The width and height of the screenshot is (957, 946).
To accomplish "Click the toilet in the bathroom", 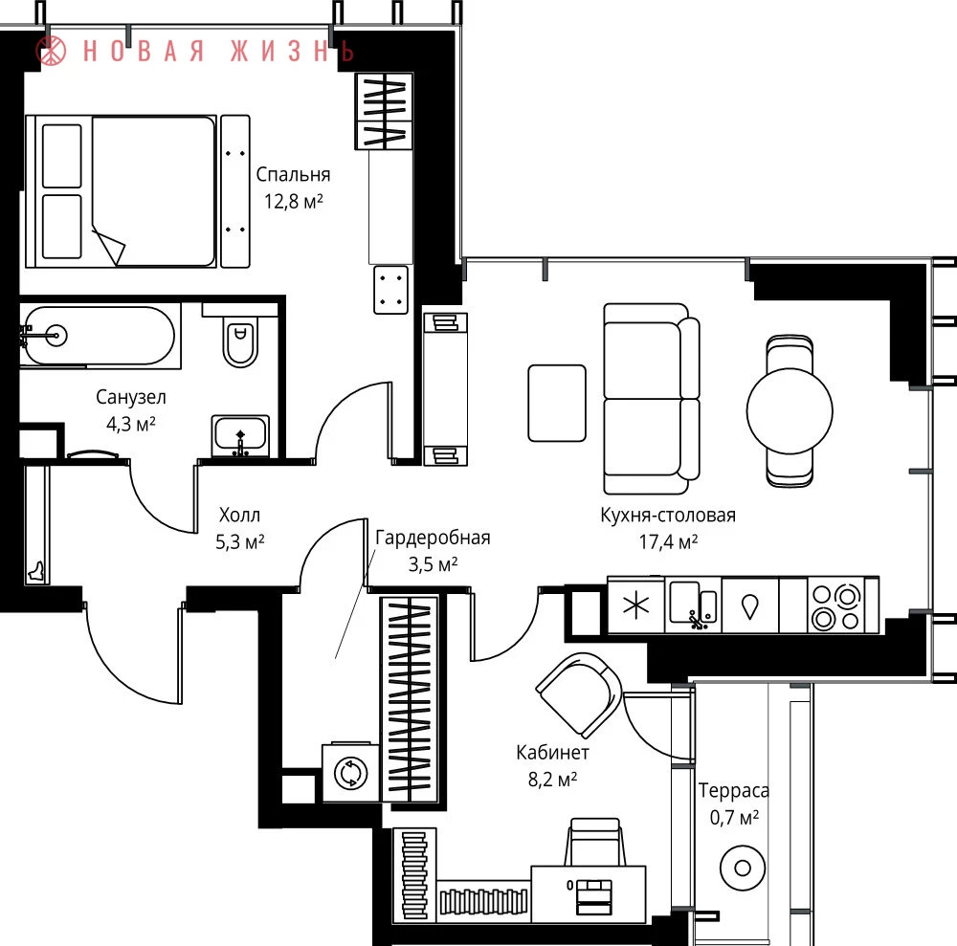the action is [x=241, y=341].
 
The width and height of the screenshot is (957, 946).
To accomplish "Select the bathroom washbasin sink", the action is [x=240, y=435].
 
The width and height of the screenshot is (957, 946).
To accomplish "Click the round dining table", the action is [x=790, y=410].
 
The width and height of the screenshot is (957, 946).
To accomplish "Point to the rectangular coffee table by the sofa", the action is [x=557, y=403].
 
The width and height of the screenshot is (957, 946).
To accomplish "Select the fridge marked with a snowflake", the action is [x=635, y=605].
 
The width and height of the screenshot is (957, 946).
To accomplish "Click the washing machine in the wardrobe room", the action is [x=351, y=772].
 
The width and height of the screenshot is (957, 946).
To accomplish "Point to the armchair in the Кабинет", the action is [x=579, y=693].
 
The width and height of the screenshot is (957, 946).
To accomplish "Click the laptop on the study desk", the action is [x=594, y=896].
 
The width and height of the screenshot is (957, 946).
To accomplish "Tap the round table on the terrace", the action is [x=743, y=868].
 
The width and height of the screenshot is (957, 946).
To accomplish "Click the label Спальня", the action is [x=293, y=174].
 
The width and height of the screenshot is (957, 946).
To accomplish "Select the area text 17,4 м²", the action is [x=668, y=541].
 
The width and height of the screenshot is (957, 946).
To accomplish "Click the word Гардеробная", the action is [x=433, y=538].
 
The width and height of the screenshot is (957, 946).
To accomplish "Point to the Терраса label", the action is [x=734, y=790].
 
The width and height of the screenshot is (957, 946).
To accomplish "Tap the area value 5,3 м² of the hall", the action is [x=240, y=541].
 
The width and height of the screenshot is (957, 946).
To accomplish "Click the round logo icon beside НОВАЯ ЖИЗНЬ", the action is [x=52, y=50].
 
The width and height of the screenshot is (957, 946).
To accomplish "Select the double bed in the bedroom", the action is [x=121, y=191].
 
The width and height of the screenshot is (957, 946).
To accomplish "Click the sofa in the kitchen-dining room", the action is [x=651, y=399].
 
